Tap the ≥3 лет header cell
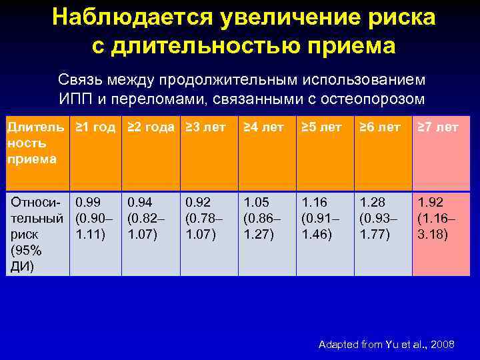tap(205, 127)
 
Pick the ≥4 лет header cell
tap(263, 127)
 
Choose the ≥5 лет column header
tap(321, 127)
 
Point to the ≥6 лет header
tap(379, 127)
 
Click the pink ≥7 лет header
tap(437, 127)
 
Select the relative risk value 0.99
tap(88, 201)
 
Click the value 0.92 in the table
tap(198, 201)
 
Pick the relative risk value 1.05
tap(256, 201)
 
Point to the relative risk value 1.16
tap(314, 201)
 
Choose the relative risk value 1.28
tap(372, 201)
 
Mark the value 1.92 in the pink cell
tap(430, 201)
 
